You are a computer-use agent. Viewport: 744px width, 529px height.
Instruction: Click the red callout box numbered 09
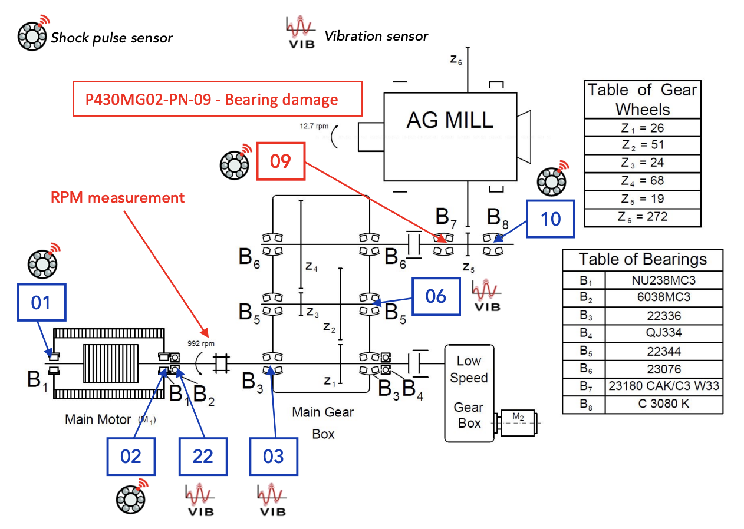[281, 161]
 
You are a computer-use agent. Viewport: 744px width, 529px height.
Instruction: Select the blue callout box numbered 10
[551, 219]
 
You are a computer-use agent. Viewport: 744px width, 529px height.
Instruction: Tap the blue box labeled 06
[436, 296]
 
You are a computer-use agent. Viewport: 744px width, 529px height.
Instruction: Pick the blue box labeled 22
[203, 457]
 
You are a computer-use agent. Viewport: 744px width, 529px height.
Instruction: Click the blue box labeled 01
[41, 302]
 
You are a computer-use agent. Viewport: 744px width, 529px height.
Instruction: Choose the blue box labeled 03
[274, 457]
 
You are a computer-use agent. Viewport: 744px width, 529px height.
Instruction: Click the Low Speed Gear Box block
[469, 394]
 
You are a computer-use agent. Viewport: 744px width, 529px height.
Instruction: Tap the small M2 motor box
[518, 423]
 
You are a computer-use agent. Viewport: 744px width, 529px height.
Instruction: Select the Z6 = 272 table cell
[643, 217]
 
